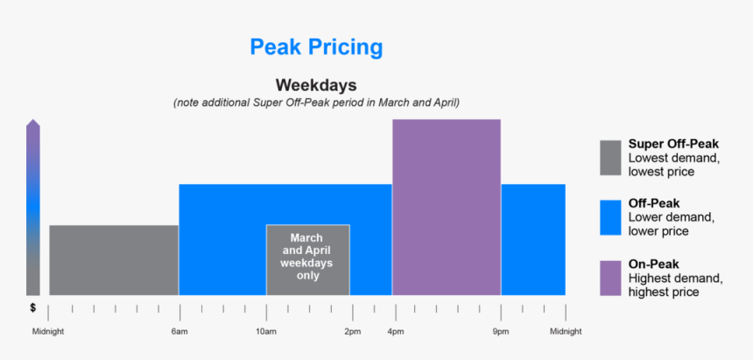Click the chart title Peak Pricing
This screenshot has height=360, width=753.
coord(316,46)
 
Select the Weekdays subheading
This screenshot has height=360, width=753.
coord(316,85)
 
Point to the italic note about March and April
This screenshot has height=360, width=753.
coord(316,102)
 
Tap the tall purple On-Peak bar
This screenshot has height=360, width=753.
coord(446,207)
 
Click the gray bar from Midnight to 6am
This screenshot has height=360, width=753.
coord(114,260)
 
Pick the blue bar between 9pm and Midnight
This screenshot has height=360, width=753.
coord(532,239)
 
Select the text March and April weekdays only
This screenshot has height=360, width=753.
coord(307,257)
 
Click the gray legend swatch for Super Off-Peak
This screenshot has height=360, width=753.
coord(610,158)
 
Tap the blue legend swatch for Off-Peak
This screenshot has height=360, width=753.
coord(610,218)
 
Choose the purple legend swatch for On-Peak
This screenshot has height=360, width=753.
coord(610,278)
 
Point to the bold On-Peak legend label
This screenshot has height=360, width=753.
coord(654,264)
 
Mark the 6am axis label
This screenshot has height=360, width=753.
coord(179,332)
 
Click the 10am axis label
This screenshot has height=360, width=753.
coord(266,332)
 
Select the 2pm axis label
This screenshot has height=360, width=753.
coord(352,332)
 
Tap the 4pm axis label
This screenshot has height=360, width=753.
coord(395,332)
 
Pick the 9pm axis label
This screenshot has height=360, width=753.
coord(501,332)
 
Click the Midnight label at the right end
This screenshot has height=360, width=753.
coord(565,332)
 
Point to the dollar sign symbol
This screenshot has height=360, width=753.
coord(32,307)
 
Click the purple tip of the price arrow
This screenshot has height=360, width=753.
coord(32,125)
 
